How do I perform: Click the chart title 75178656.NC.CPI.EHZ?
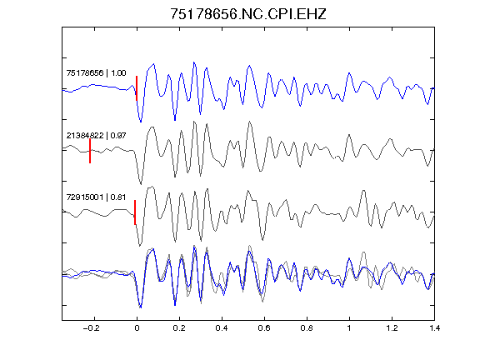(x=248, y=14)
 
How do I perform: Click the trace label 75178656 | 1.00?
(x=96, y=72)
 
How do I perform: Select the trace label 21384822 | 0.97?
(x=96, y=135)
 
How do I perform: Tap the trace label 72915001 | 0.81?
(x=96, y=197)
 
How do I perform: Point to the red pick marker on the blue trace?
(x=137, y=88)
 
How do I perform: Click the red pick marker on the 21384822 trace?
(x=90, y=151)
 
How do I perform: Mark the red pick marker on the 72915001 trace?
(x=135, y=212)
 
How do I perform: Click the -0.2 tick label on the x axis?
(x=92, y=328)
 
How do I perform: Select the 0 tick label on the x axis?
(x=137, y=328)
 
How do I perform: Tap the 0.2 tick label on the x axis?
(x=179, y=328)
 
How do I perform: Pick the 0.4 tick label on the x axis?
(x=222, y=328)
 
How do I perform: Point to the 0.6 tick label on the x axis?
(x=264, y=328)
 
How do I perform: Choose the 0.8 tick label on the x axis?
(x=307, y=328)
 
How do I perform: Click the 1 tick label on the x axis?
(x=349, y=328)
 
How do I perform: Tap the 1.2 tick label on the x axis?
(x=392, y=328)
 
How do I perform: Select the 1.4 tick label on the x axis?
(x=434, y=328)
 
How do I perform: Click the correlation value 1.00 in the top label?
(x=118, y=72)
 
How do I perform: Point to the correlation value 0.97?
(x=118, y=135)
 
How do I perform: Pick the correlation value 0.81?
(x=118, y=197)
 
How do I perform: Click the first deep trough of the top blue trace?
(x=141, y=122)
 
